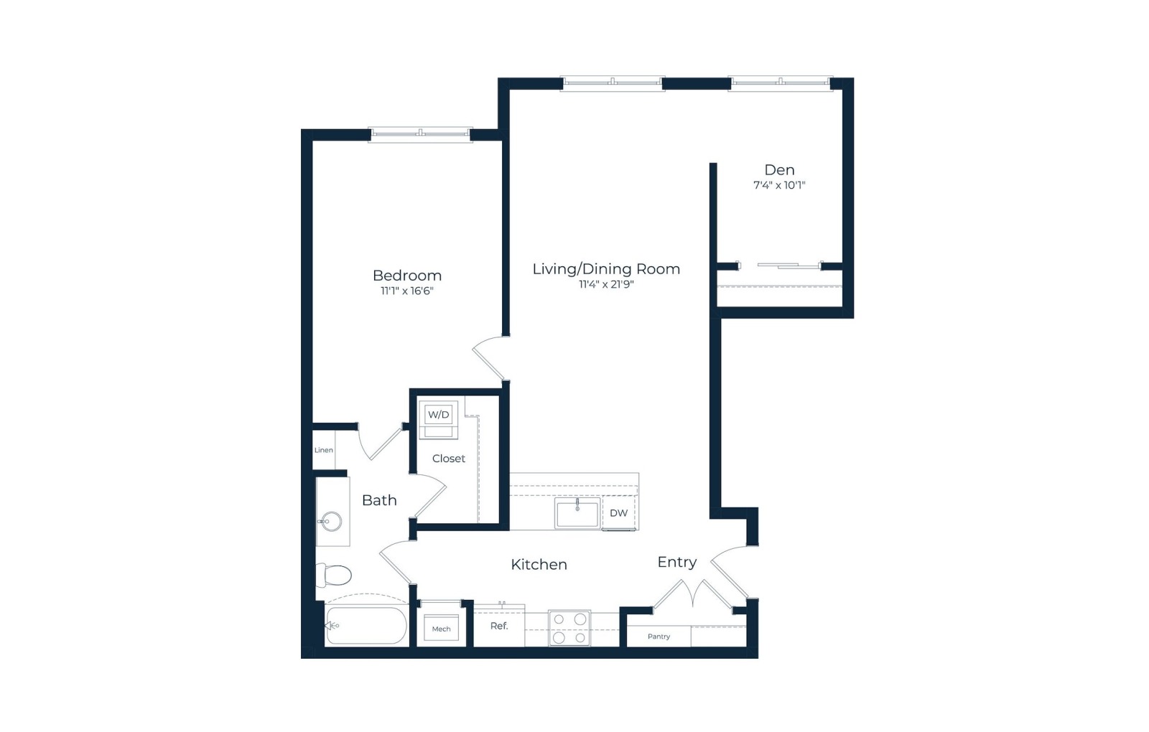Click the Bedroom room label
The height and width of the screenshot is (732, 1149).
pyautogui.click(x=406, y=276)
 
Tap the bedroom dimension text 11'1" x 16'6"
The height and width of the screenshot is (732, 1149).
pyautogui.click(x=406, y=291)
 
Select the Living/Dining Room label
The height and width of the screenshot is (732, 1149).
pyautogui.click(x=606, y=269)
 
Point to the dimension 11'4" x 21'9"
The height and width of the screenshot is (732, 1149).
pyautogui.click(x=606, y=284)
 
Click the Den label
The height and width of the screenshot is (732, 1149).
pyautogui.click(x=779, y=169)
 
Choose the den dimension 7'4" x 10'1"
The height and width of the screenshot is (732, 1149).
pyautogui.click(x=779, y=185)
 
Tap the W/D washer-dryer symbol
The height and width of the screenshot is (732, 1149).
pyautogui.click(x=439, y=420)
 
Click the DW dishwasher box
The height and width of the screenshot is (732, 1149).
pyautogui.click(x=619, y=512)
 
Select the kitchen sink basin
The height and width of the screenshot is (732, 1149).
pyautogui.click(x=577, y=513)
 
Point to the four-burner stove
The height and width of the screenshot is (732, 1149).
pyautogui.click(x=569, y=627)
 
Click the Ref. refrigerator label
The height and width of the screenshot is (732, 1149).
pyautogui.click(x=499, y=626)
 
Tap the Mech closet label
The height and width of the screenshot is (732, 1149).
pyautogui.click(x=441, y=629)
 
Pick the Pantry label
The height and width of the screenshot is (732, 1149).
pyautogui.click(x=659, y=637)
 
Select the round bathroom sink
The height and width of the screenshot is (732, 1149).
pyautogui.click(x=331, y=522)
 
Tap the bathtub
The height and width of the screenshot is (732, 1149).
pyautogui.click(x=366, y=625)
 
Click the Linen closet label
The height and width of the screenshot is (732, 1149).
pyautogui.click(x=324, y=450)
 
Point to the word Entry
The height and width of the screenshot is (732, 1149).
pyautogui.click(x=677, y=563)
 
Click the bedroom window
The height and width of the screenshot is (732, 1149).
pyautogui.click(x=420, y=134)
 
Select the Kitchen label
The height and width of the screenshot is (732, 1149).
pyautogui.click(x=539, y=564)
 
